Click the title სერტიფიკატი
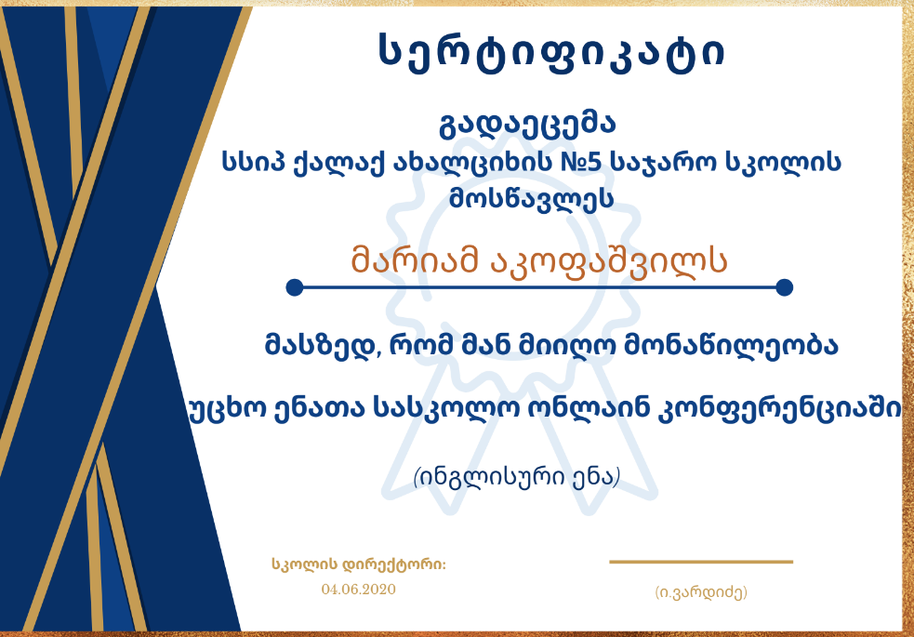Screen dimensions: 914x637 [552, 53]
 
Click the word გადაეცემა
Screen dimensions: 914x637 [527, 125]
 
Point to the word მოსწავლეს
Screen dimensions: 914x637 [531, 199]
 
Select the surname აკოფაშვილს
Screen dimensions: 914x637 [608, 261]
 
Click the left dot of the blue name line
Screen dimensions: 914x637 [295, 287]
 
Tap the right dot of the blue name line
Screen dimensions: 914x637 [785, 287]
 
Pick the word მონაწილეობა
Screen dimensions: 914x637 [731, 346]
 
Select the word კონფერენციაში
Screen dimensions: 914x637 [779, 409]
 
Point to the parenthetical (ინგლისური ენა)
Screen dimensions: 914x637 [516, 477]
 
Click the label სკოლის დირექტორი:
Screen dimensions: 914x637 [359, 564]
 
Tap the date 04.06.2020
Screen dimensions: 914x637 [359, 590]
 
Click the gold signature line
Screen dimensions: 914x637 [701, 562]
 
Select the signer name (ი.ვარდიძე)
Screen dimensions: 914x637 [701, 592]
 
